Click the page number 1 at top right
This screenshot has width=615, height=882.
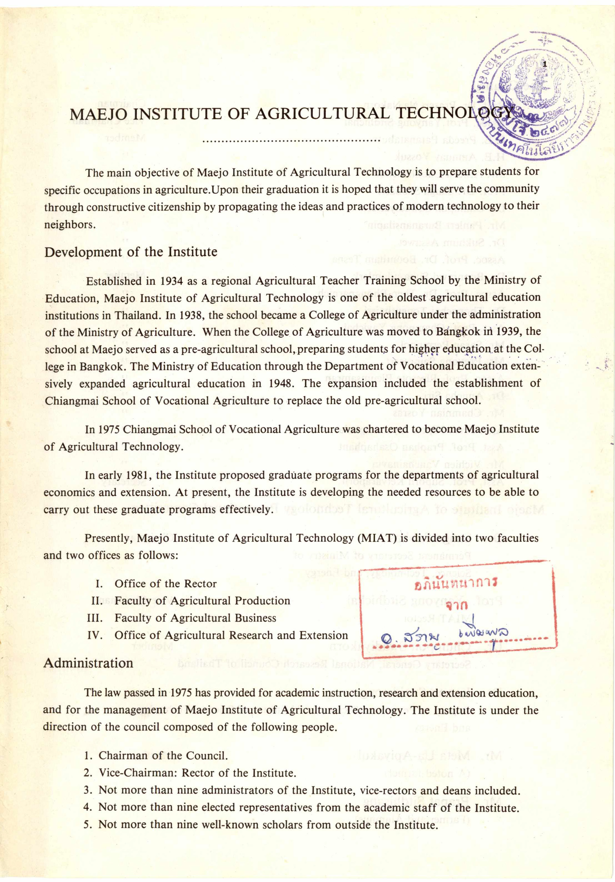544,64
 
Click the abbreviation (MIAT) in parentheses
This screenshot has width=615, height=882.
376,538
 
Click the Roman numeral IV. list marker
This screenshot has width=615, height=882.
95,635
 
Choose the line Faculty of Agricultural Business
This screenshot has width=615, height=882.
195,618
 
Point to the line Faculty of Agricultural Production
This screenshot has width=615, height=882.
202,601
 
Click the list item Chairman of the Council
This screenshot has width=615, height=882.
163,756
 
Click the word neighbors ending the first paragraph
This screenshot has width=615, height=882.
69,225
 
